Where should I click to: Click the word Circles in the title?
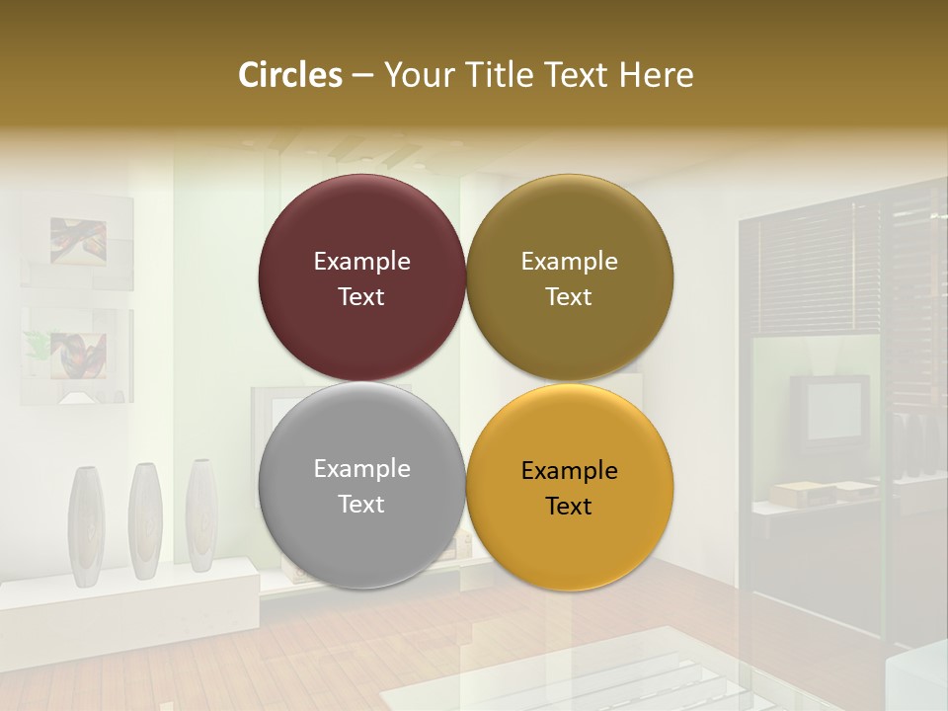pyautogui.click(x=290, y=75)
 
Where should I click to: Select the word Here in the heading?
pyautogui.click(x=656, y=75)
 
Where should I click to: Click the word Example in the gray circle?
pyautogui.click(x=361, y=469)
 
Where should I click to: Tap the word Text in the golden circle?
pyautogui.click(x=569, y=507)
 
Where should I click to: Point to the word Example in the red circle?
pyautogui.click(x=361, y=262)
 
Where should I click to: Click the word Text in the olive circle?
pyautogui.click(x=569, y=297)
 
